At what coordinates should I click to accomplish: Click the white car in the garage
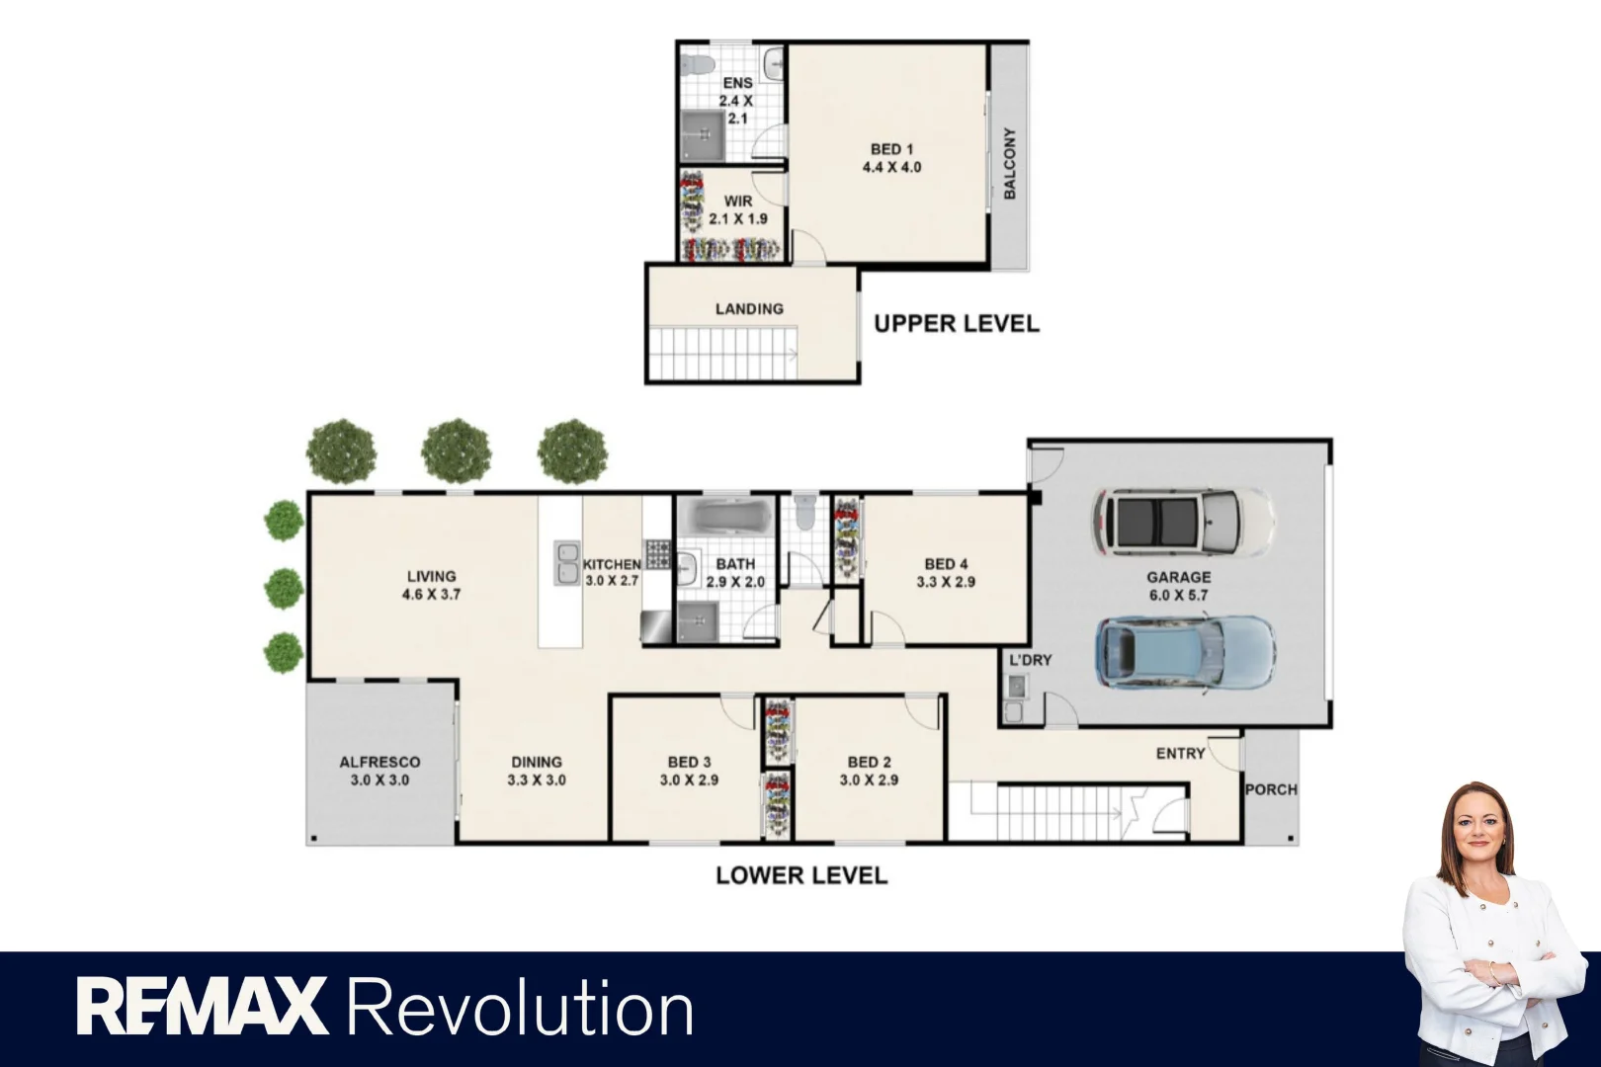pyautogui.click(x=1182, y=522)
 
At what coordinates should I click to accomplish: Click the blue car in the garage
pyautogui.click(x=1184, y=652)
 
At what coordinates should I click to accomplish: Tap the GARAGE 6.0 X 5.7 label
pyautogui.click(x=1178, y=586)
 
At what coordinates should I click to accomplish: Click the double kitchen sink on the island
pyautogui.click(x=566, y=563)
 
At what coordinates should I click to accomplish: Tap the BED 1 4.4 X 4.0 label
pyautogui.click(x=891, y=158)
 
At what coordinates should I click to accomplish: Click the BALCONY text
pyautogui.click(x=1009, y=163)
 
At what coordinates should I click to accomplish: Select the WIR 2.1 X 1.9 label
pyautogui.click(x=738, y=209)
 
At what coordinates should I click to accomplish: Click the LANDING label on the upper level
pyautogui.click(x=749, y=309)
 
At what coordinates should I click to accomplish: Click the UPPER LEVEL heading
pyautogui.click(x=956, y=324)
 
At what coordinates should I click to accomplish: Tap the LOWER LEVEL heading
pyautogui.click(x=801, y=875)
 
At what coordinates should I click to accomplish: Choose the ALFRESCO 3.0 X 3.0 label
pyautogui.click(x=379, y=771)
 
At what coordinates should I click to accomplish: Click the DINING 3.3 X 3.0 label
pyautogui.click(x=537, y=771)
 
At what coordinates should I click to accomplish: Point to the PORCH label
pyautogui.click(x=1271, y=789)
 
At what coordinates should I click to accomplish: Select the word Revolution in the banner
pyautogui.click(x=520, y=1009)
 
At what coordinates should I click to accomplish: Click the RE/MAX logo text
pyautogui.click(x=202, y=1007)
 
